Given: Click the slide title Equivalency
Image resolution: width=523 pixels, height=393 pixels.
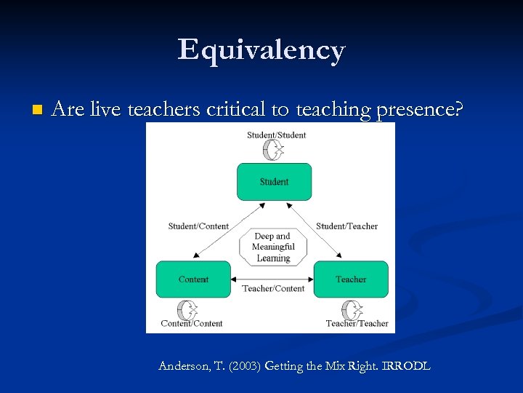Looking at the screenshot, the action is (261, 50).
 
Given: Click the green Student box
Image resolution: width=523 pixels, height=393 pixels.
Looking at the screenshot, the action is (274, 182).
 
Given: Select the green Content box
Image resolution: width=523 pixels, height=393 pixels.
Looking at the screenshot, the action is (193, 279).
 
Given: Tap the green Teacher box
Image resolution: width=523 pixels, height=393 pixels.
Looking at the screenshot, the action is (351, 279).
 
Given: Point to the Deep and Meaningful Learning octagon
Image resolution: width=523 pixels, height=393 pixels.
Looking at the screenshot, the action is (273, 247).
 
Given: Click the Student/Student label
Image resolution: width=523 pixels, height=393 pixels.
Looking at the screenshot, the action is (276, 135).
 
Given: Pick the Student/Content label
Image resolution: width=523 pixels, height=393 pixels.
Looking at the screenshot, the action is (198, 226).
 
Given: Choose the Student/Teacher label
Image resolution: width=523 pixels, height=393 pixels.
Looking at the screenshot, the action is (347, 226).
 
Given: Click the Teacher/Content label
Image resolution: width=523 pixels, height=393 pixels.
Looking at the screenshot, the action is (273, 289).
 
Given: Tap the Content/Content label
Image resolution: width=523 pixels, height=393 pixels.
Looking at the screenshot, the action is (192, 324).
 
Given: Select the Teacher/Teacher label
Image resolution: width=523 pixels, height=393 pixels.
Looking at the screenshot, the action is (357, 324).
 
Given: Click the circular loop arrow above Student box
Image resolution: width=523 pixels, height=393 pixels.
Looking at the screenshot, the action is (273, 150).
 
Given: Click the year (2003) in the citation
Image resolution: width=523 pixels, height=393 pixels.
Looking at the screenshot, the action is (244, 366).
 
